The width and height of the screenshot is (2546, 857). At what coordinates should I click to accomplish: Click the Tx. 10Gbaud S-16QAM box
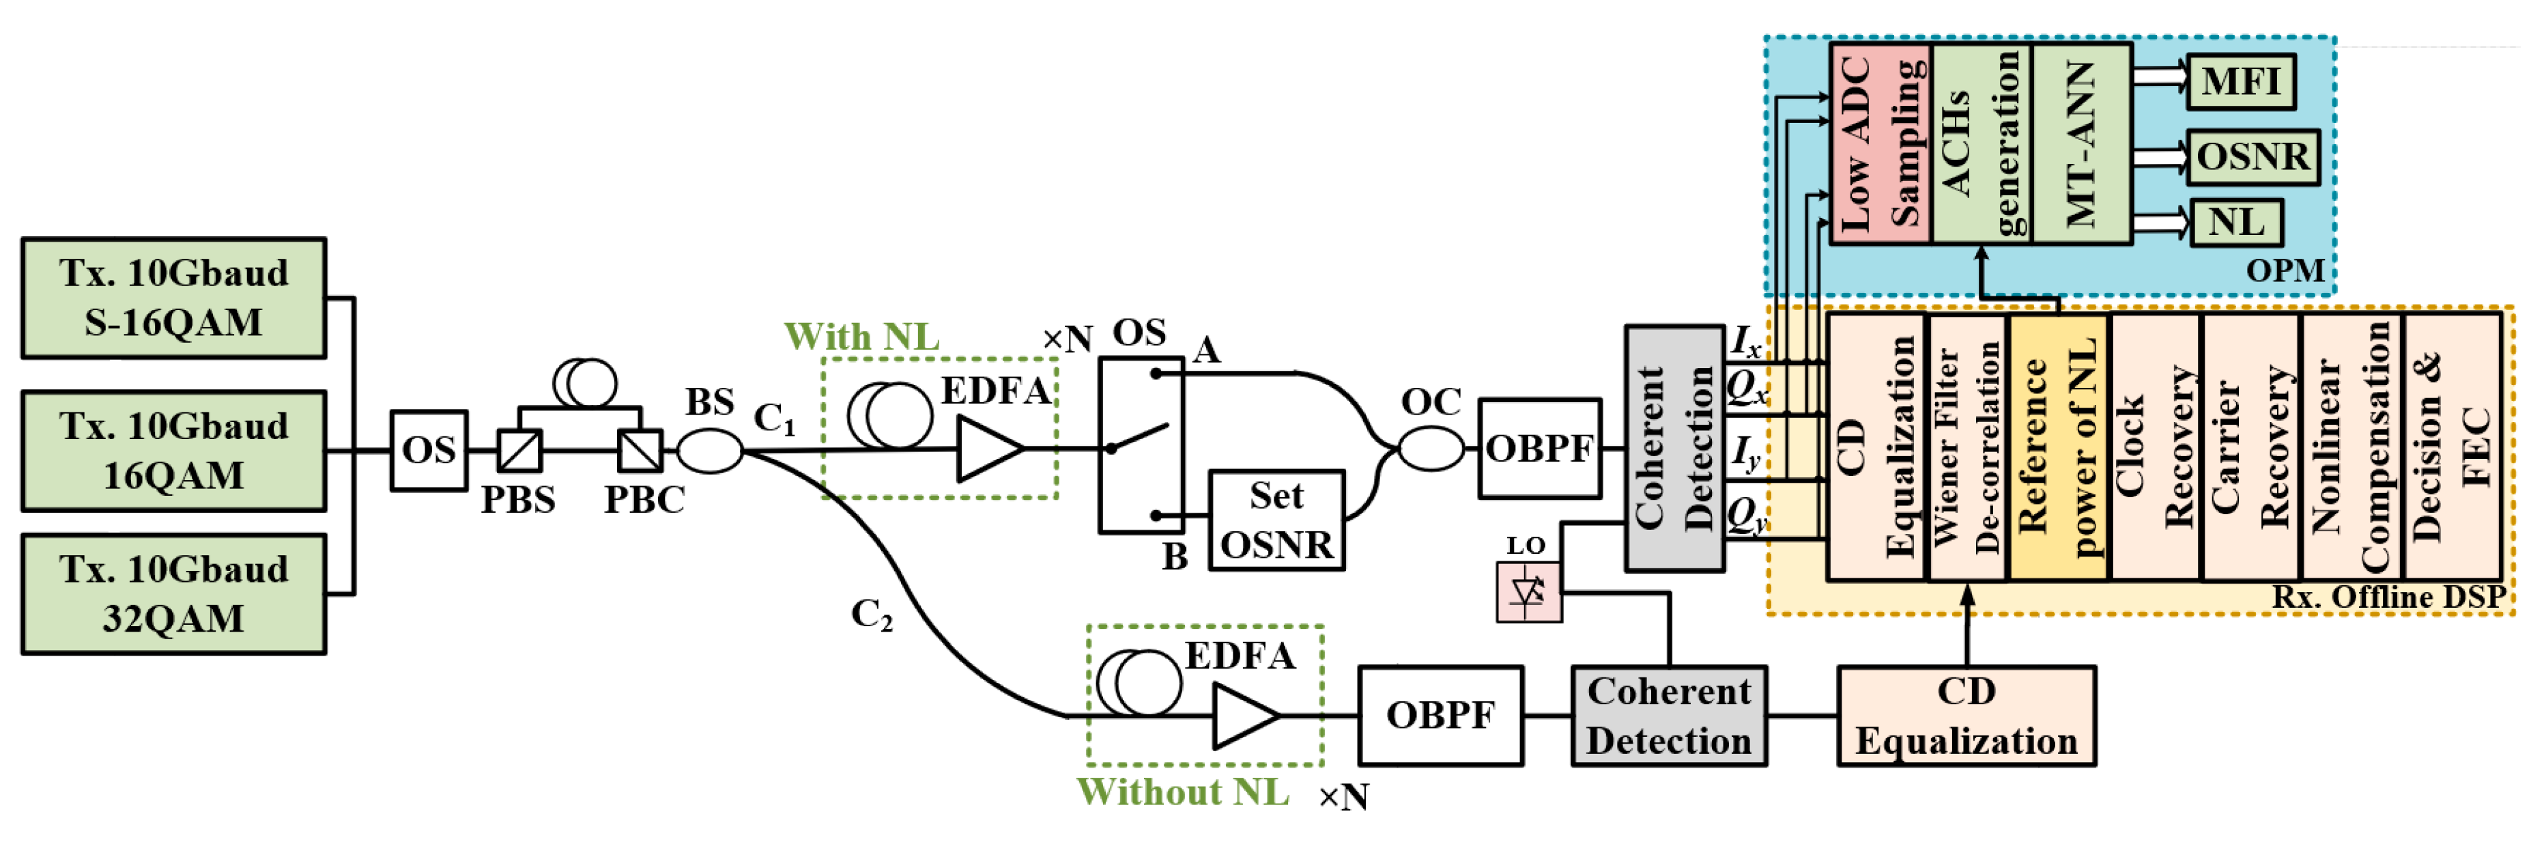174,298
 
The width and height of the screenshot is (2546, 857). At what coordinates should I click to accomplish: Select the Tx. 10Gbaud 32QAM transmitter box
174,594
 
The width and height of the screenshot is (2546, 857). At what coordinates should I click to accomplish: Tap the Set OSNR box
1276,520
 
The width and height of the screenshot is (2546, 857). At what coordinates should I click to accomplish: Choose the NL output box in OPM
2235,223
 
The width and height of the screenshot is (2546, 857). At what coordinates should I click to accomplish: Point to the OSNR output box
2252,157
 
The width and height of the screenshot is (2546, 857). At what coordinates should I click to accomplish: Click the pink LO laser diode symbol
1529,592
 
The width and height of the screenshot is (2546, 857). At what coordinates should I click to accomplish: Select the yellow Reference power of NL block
2058,447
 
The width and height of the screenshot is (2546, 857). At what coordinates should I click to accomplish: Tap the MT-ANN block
2080,143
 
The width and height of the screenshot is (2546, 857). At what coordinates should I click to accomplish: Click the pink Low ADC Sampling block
1880,143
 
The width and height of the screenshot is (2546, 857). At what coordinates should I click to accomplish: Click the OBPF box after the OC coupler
1539,449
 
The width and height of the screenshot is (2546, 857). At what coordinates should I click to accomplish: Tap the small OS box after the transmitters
428,451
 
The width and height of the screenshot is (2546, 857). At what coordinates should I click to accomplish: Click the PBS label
518,500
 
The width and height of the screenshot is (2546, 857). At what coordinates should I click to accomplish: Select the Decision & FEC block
2451,447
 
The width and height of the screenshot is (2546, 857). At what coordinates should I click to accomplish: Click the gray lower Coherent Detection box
1668,716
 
